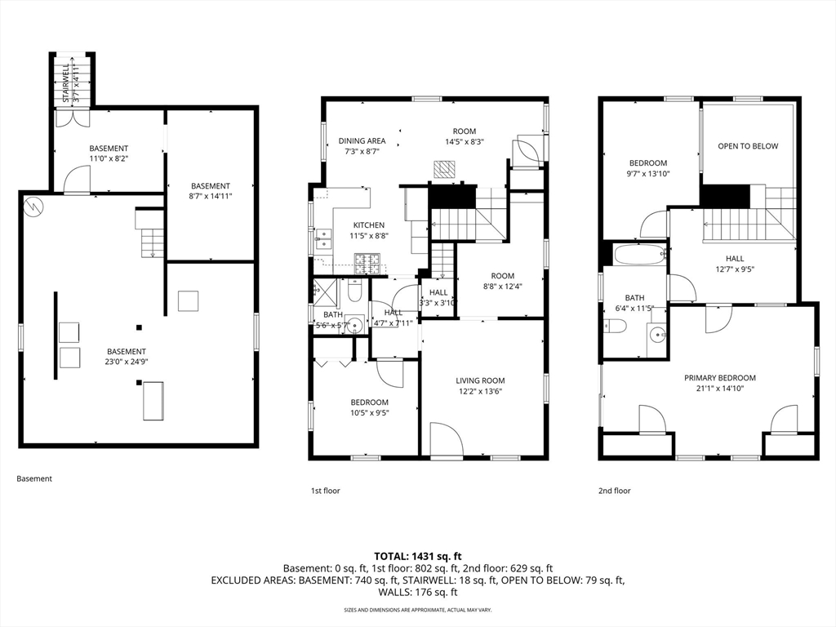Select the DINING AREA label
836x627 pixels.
point(362,141)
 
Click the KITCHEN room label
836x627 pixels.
point(368,225)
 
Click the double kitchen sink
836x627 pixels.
point(324,238)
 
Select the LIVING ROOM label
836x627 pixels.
point(480,380)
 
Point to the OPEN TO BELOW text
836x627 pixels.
point(748,146)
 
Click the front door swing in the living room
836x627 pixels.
point(446,438)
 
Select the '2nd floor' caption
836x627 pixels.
point(615,491)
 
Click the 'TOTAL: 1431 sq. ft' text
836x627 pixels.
point(417,555)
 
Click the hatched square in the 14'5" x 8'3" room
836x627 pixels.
point(443,168)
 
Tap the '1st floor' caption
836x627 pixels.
point(325,491)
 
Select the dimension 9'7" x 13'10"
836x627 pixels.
point(647,174)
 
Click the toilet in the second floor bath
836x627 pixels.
point(616,327)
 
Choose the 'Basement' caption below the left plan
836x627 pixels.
point(34,478)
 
